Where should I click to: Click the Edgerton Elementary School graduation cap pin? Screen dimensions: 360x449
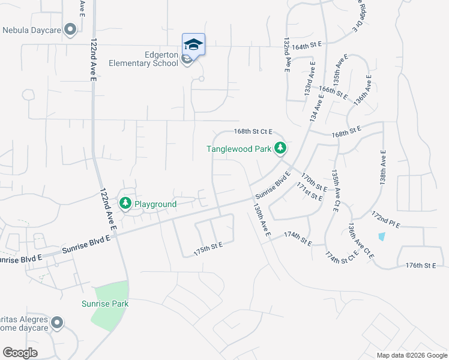(193, 44)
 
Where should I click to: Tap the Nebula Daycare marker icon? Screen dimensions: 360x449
(70, 29)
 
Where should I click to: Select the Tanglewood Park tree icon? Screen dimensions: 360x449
(280, 148)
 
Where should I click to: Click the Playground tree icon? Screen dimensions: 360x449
(125, 204)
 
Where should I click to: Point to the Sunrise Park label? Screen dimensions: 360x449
(105, 304)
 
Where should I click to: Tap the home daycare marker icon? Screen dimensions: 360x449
(57, 323)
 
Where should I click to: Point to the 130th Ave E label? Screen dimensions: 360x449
(262, 218)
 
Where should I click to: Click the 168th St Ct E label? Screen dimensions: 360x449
(253, 131)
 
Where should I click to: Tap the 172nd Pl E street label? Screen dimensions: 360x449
(385, 218)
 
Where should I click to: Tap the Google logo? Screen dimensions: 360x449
(20, 352)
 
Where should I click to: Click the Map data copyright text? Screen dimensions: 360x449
(412, 355)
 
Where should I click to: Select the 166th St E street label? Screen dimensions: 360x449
(333, 93)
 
